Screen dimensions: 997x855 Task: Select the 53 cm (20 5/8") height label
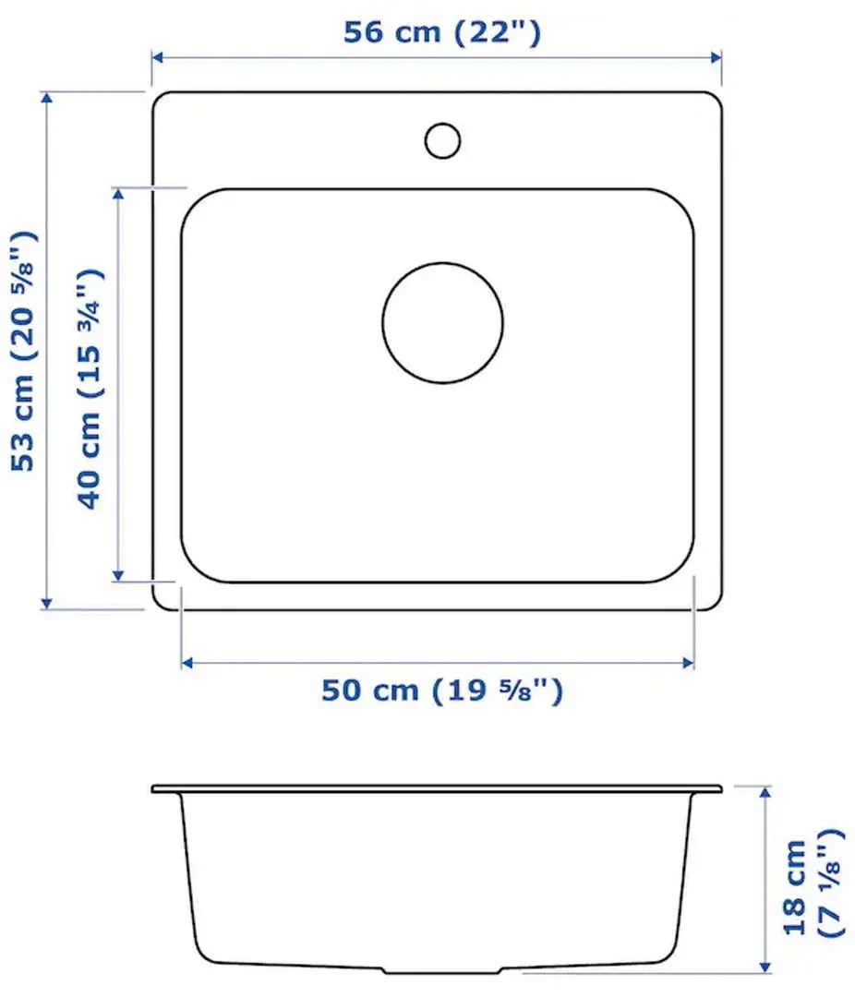point(25,351)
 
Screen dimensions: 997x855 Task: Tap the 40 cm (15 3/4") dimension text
point(90,388)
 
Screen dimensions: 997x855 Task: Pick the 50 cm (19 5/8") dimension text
point(441,690)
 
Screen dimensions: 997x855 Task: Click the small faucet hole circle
point(442,139)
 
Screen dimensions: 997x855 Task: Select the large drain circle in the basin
point(442,322)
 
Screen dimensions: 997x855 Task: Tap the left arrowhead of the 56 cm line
point(158,57)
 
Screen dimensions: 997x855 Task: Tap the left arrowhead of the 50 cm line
point(187,662)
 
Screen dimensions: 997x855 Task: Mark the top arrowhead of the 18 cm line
point(765,792)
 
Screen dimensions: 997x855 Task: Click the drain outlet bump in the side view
point(442,970)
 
